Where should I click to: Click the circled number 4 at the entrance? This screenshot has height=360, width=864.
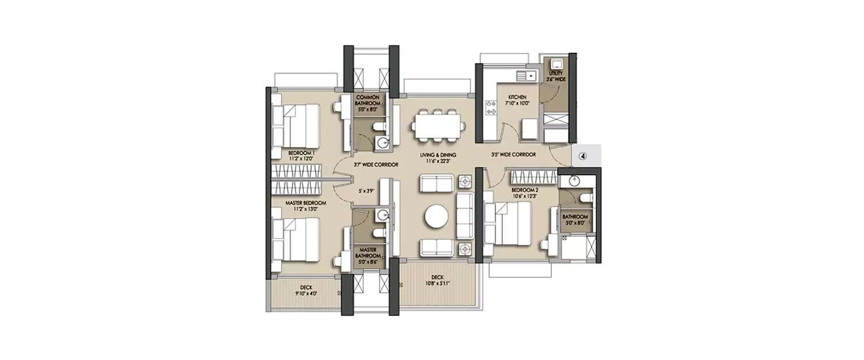tap(582, 155)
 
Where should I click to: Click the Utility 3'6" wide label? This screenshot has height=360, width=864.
tap(556, 75)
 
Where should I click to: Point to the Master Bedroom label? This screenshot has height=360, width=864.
tap(306, 206)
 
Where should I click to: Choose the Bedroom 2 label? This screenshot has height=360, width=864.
tap(524, 192)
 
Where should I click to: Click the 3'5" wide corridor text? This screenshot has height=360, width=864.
tap(514, 155)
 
